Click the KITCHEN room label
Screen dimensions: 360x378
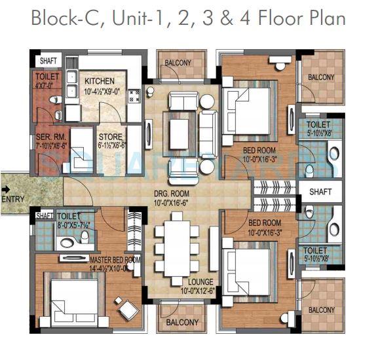(x=100, y=81)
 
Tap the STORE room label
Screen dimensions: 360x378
(x=110, y=137)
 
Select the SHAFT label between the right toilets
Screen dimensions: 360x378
(x=320, y=192)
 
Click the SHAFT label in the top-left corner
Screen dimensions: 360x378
(x=48, y=61)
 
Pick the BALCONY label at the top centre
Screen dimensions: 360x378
(x=178, y=63)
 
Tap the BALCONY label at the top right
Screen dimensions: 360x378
(x=321, y=77)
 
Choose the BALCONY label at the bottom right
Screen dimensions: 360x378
(x=321, y=310)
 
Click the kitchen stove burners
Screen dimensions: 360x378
(x=135, y=96)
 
